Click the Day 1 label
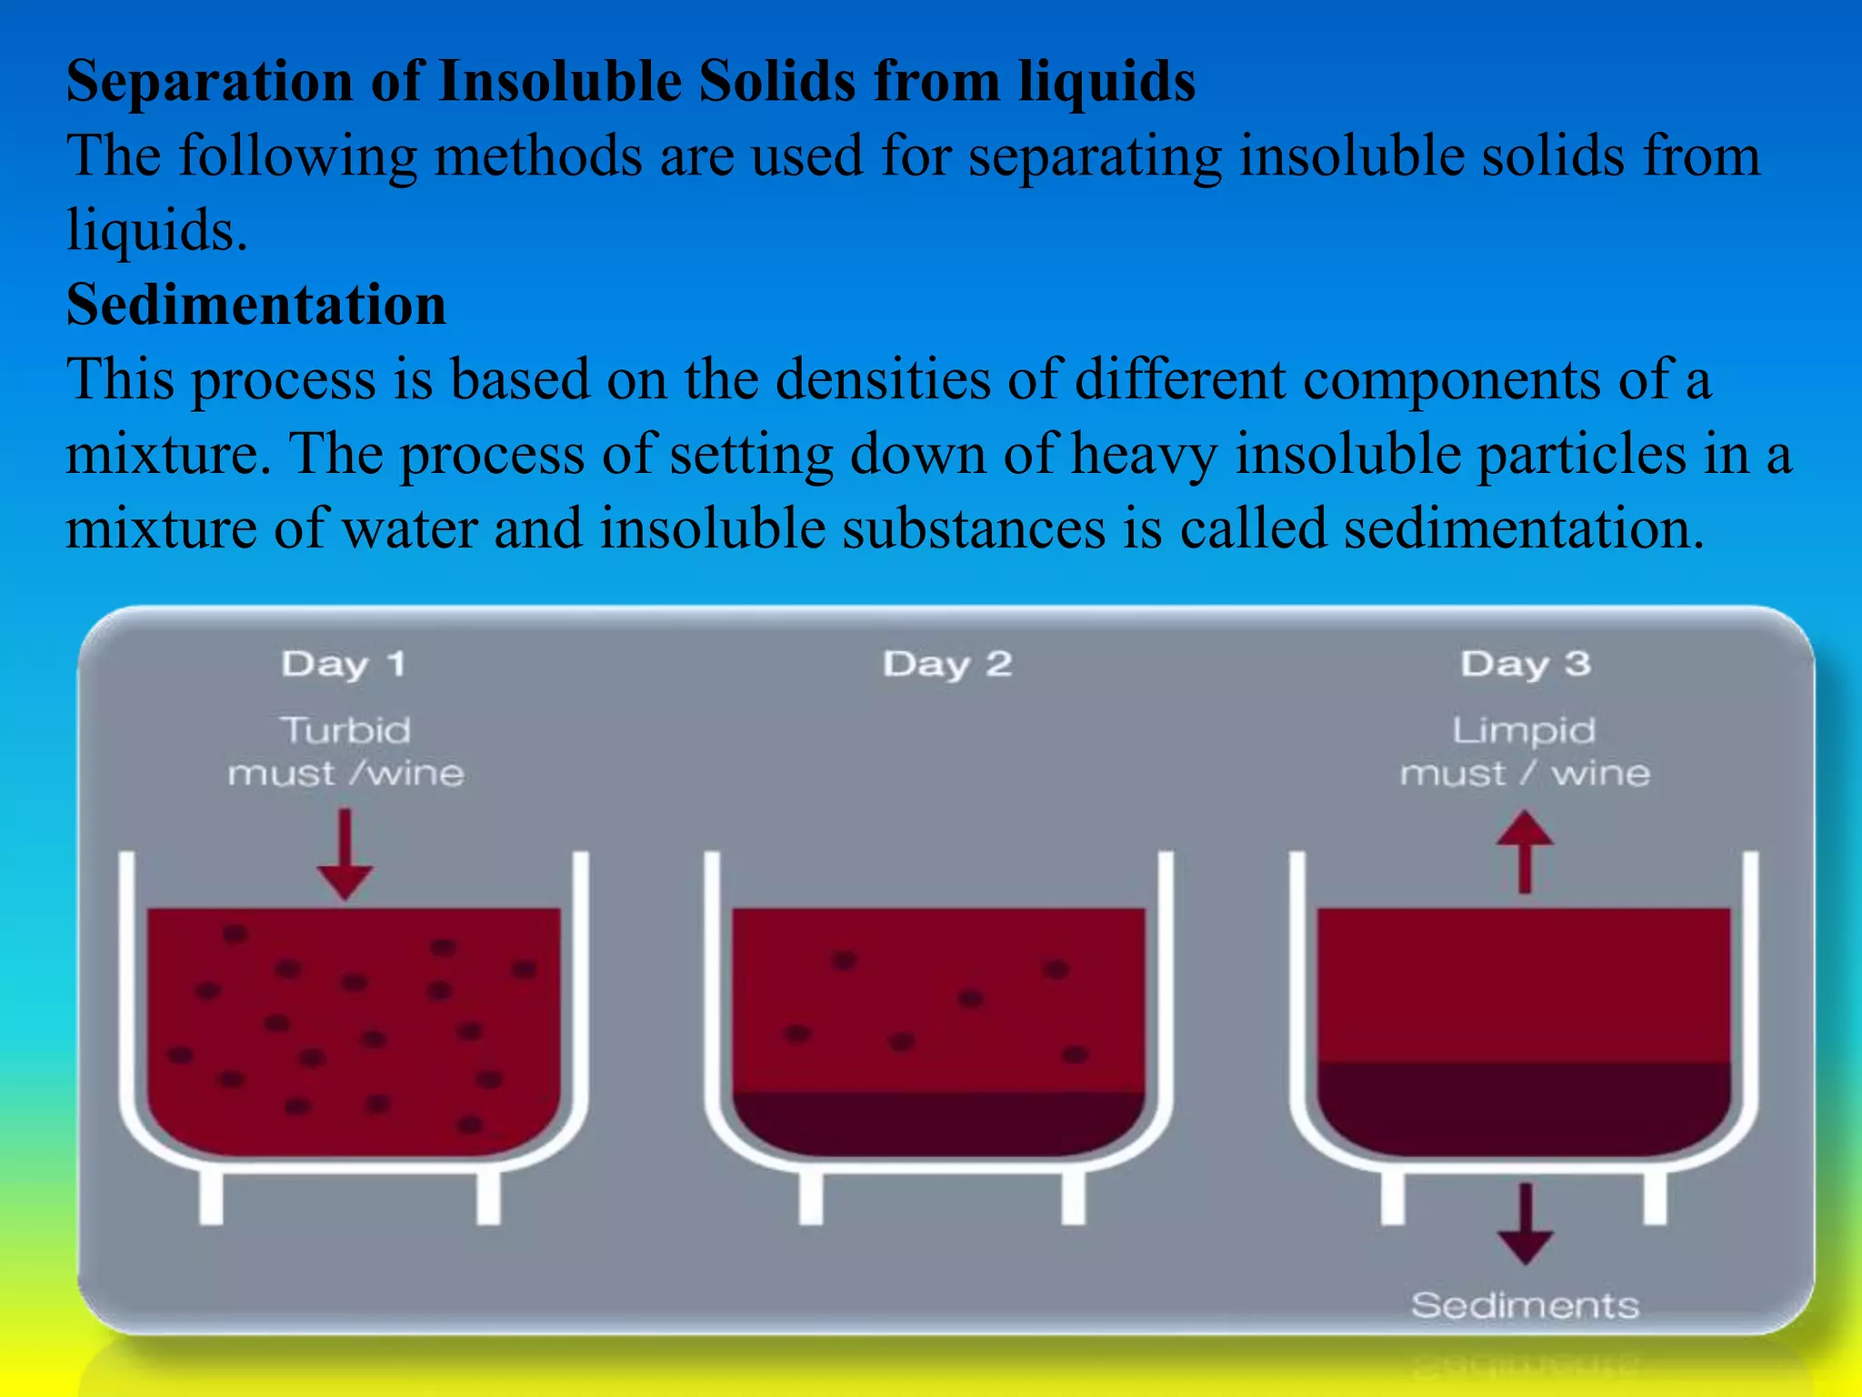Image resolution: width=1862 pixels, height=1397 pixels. point(344,664)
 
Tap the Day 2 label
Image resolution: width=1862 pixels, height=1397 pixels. point(946,664)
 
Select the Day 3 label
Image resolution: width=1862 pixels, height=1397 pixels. point(1525,664)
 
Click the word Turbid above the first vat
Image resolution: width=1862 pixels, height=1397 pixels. point(345,730)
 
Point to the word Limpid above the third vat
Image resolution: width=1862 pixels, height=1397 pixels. point(1524,730)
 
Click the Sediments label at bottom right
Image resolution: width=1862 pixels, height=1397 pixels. point(1525,1305)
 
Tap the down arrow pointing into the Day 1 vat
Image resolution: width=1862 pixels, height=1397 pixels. point(345,855)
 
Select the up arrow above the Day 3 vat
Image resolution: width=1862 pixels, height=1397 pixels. point(1525,850)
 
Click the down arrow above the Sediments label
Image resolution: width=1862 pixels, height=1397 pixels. point(1525,1223)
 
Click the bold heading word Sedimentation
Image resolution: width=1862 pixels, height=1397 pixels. point(256,305)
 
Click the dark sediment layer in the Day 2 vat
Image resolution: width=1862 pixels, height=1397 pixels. point(938,1123)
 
